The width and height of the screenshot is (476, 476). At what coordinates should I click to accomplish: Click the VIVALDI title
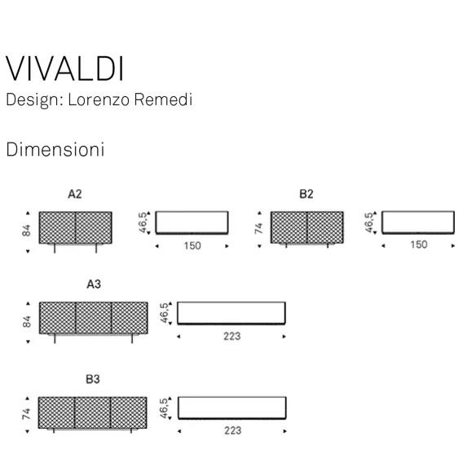pos(64,68)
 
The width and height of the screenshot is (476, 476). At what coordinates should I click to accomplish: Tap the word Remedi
pos(163,99)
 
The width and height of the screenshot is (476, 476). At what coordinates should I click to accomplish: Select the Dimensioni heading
pos(55,149)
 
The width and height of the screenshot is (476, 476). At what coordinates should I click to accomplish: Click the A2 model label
pos(75,194)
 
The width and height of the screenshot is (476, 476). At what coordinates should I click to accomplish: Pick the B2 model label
pos(306,194)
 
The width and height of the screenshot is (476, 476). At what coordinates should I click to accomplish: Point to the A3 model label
pos(94,284)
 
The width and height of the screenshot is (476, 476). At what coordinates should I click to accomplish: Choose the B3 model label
pos(93,379)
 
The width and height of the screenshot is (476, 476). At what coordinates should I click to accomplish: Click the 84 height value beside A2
pos(27,231)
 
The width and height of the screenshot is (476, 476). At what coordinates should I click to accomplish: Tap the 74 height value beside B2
pos(258,228)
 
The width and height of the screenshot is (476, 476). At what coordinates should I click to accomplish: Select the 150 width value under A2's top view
pos(192,245)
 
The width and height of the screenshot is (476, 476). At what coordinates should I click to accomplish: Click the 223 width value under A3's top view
pos(232,337)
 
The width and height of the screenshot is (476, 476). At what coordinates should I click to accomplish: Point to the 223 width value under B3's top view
pos(232,431)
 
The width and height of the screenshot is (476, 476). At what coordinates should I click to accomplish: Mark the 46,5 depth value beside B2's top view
pos(369,223)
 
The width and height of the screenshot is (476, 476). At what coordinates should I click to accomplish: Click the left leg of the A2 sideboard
pos(55,249)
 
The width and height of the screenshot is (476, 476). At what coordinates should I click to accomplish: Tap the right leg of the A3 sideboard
pos(132,339)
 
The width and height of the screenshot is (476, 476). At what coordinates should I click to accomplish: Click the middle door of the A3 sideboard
pos(94,318)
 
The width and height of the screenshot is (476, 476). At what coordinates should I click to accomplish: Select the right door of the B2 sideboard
pos(325,227)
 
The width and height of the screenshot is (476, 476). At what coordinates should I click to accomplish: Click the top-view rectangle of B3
pos(232,408)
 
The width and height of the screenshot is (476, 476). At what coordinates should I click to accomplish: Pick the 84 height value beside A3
pos(27,322)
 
